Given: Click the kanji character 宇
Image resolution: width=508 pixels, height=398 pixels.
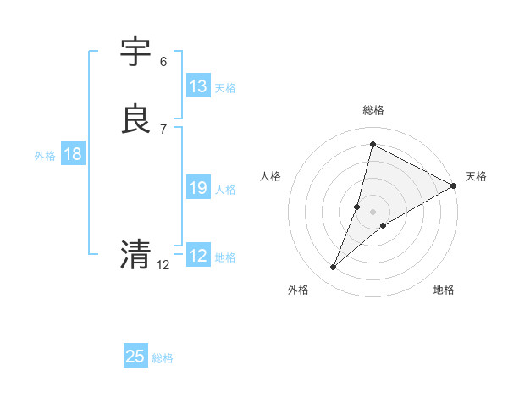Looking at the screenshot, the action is (136, 53).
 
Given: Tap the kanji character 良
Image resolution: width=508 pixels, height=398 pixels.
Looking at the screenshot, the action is (136, 119).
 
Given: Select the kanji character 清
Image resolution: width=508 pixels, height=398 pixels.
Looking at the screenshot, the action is (136, 254).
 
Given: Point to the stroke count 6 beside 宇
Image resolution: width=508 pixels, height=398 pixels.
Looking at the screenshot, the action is (163, 62).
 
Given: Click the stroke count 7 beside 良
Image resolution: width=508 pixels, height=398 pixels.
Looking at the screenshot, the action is (163, 129).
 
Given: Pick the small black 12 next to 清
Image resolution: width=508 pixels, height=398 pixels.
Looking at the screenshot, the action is (163, 265).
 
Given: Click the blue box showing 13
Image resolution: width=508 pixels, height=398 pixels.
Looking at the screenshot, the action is (198, 86).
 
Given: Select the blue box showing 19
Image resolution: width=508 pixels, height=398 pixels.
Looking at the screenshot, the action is (198, 188).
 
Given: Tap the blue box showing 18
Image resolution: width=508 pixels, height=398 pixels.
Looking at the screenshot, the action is (73, 154).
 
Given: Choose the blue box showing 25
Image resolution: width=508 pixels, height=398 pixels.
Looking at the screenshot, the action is (135, 357).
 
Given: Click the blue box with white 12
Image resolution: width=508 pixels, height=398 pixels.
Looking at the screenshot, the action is (198, 256).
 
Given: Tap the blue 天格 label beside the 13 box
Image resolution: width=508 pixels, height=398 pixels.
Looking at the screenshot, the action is (225, 88).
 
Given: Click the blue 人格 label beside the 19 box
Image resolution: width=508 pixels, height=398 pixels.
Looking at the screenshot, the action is (225, 190).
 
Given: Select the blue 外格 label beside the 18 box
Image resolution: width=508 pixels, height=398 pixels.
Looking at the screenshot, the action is (45, 156).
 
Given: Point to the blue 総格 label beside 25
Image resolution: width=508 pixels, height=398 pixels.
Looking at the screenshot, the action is (163, 358).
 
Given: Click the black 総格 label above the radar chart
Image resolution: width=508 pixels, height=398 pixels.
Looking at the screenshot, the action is (373, 110).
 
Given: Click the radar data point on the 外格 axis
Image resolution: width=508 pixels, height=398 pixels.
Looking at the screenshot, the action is (333, 268).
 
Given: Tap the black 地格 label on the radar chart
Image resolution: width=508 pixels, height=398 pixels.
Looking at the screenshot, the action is (444, 290).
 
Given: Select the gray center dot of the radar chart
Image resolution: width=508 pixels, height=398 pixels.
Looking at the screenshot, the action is (373, 211).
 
